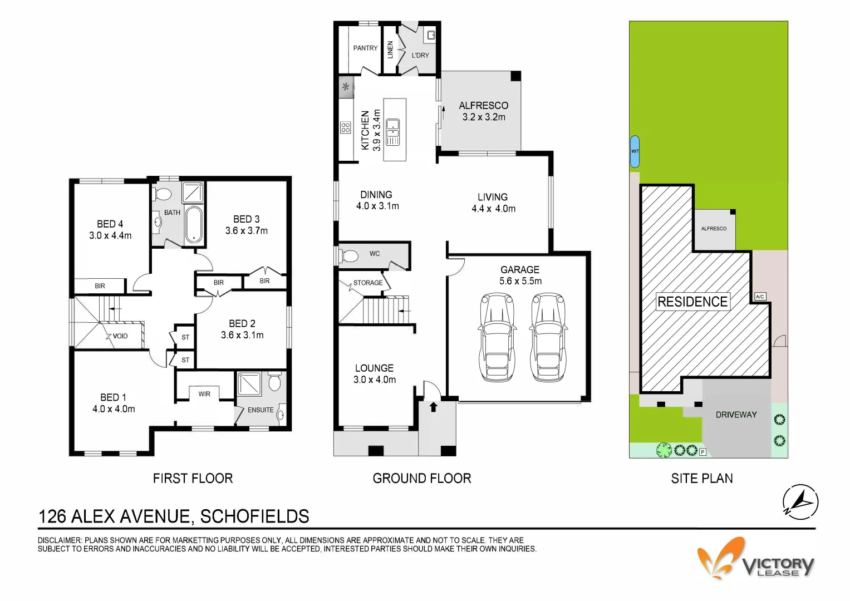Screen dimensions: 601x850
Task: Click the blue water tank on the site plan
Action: pyautogui.click(x=635, y=151)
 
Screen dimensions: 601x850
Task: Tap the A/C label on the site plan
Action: pyautogui.click(x=760, y=297)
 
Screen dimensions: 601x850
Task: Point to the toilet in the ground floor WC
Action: pyautogui.click(x=349, y=256)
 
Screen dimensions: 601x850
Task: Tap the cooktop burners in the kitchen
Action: pyautogui.click(x=345, y=127)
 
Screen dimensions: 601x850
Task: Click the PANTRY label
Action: pyautogui.click(x=365, y=48)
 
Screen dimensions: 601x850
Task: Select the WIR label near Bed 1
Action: pyautogui.click(x=204, y=394)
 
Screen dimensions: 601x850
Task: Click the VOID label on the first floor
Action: pyautogui.click(x=120, y=336)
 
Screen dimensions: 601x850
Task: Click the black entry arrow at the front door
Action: pyautogui.click(x=433, y=407)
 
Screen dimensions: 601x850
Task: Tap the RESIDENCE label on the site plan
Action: pyautogui.click(x=692, y=302)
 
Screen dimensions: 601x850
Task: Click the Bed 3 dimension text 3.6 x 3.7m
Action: pyautogui.click(x=246, y=230)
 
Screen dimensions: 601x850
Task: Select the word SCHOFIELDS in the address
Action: pyautogui.click(x=254, y=516)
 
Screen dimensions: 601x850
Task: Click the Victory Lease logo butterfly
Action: pyautogui.click(x=721, y=558)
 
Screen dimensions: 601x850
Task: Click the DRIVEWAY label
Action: pyautogui.click(x=736, y=415)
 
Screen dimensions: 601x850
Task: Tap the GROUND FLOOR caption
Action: pyautogui.click(x=421, y=479)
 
